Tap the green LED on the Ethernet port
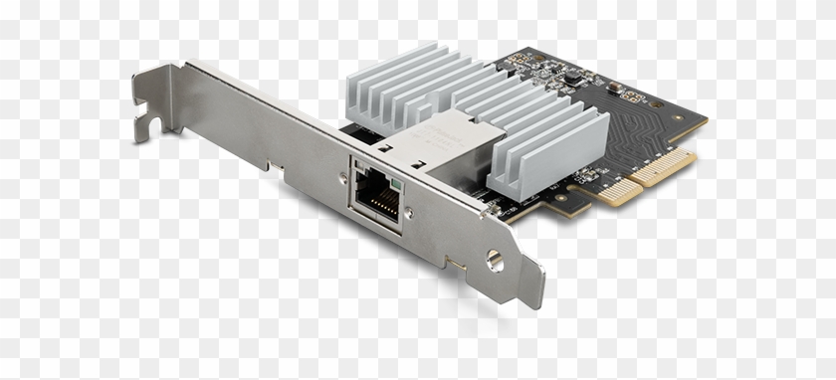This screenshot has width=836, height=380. point(396,186)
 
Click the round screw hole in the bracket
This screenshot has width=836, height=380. point(494,261)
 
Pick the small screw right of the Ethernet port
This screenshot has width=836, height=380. point(408,211)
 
